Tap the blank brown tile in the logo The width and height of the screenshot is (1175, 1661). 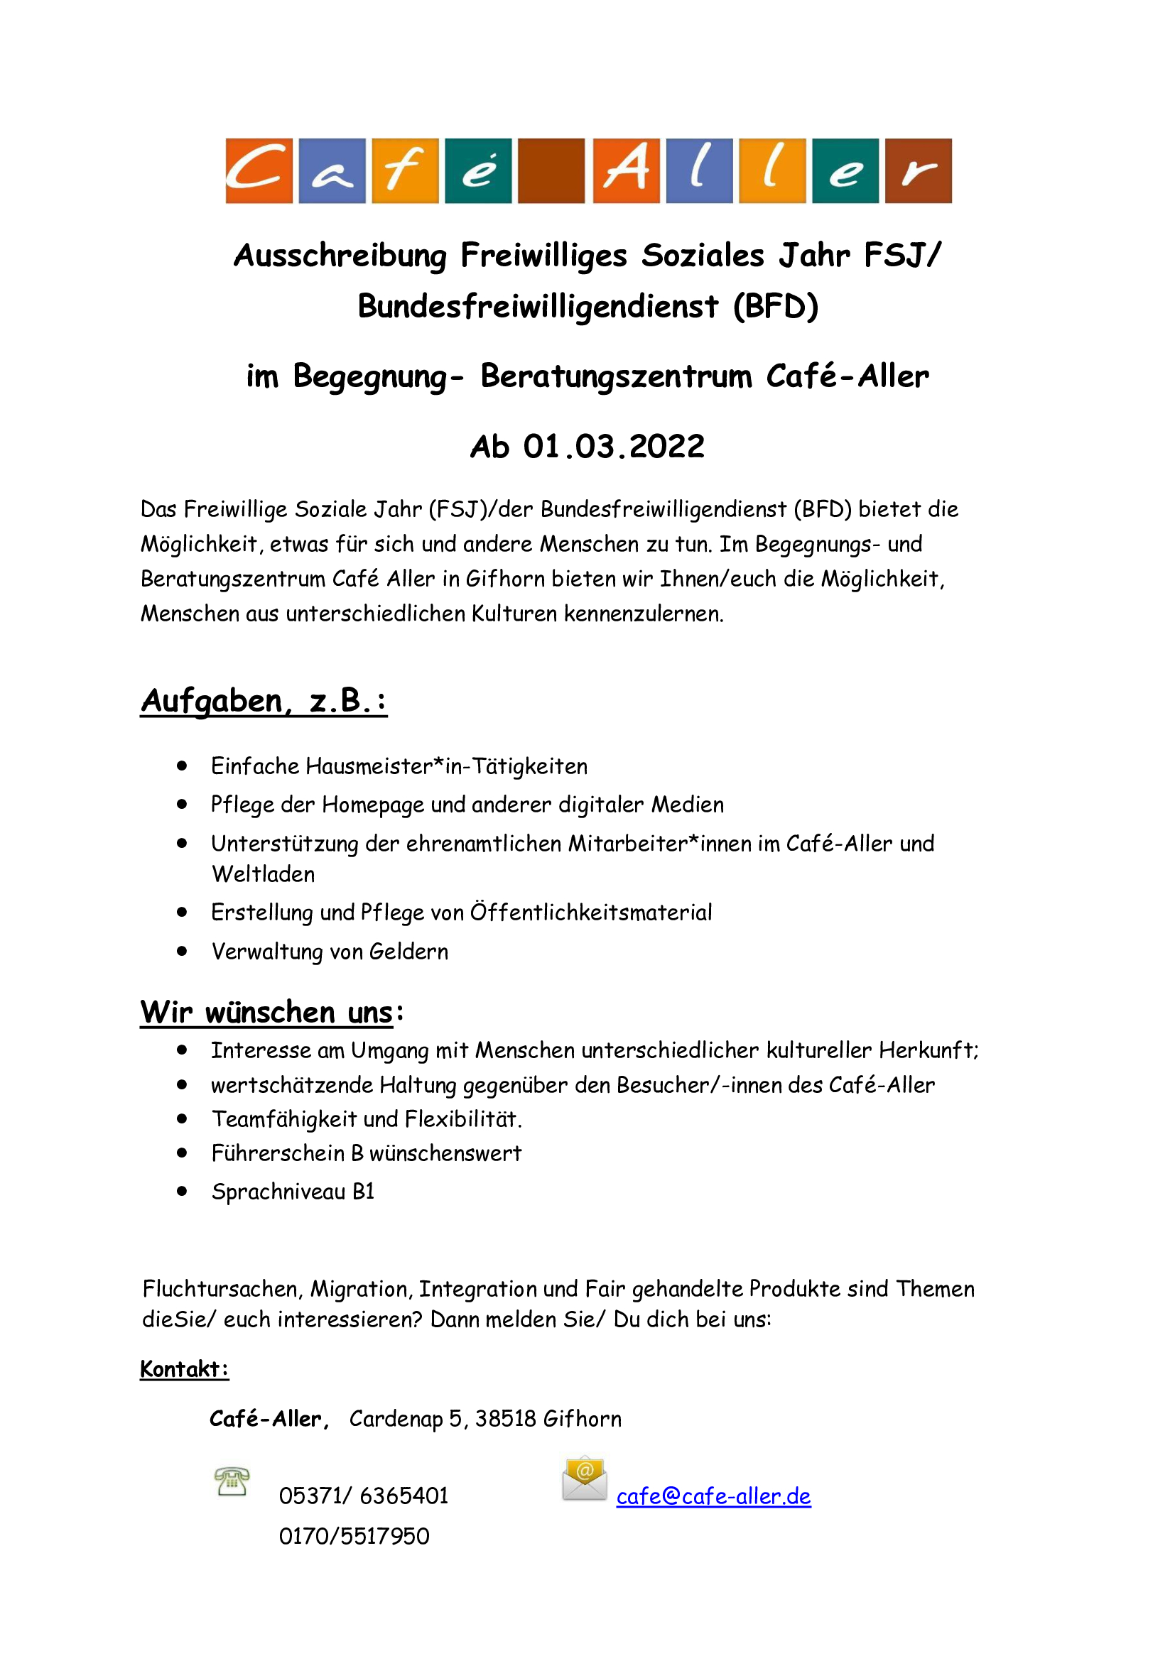(551, 170)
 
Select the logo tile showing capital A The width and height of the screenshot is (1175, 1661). (626, 170)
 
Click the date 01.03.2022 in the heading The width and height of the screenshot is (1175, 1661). (614, 447)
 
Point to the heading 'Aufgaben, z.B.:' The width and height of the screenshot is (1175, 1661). (264, 701)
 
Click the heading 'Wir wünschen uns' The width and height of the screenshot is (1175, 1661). (267, 1012)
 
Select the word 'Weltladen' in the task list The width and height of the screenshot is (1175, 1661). (264, 875)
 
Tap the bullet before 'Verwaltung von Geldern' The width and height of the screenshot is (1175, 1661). (183, 952)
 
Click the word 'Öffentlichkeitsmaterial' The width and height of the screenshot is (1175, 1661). (591, 913)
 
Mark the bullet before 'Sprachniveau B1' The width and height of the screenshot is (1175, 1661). (183, 1192)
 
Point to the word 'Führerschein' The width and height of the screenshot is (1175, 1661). (278, 1153)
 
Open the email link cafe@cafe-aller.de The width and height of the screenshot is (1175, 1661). (713, 1496)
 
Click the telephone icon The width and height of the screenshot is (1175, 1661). (232, 1481)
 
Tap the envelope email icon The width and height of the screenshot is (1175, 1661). (585, 1478)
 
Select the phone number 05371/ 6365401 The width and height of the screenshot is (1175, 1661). (364, 1496)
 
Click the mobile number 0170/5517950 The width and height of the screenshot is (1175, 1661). (354, 1536)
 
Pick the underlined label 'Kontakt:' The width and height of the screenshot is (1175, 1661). (185, 1369)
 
